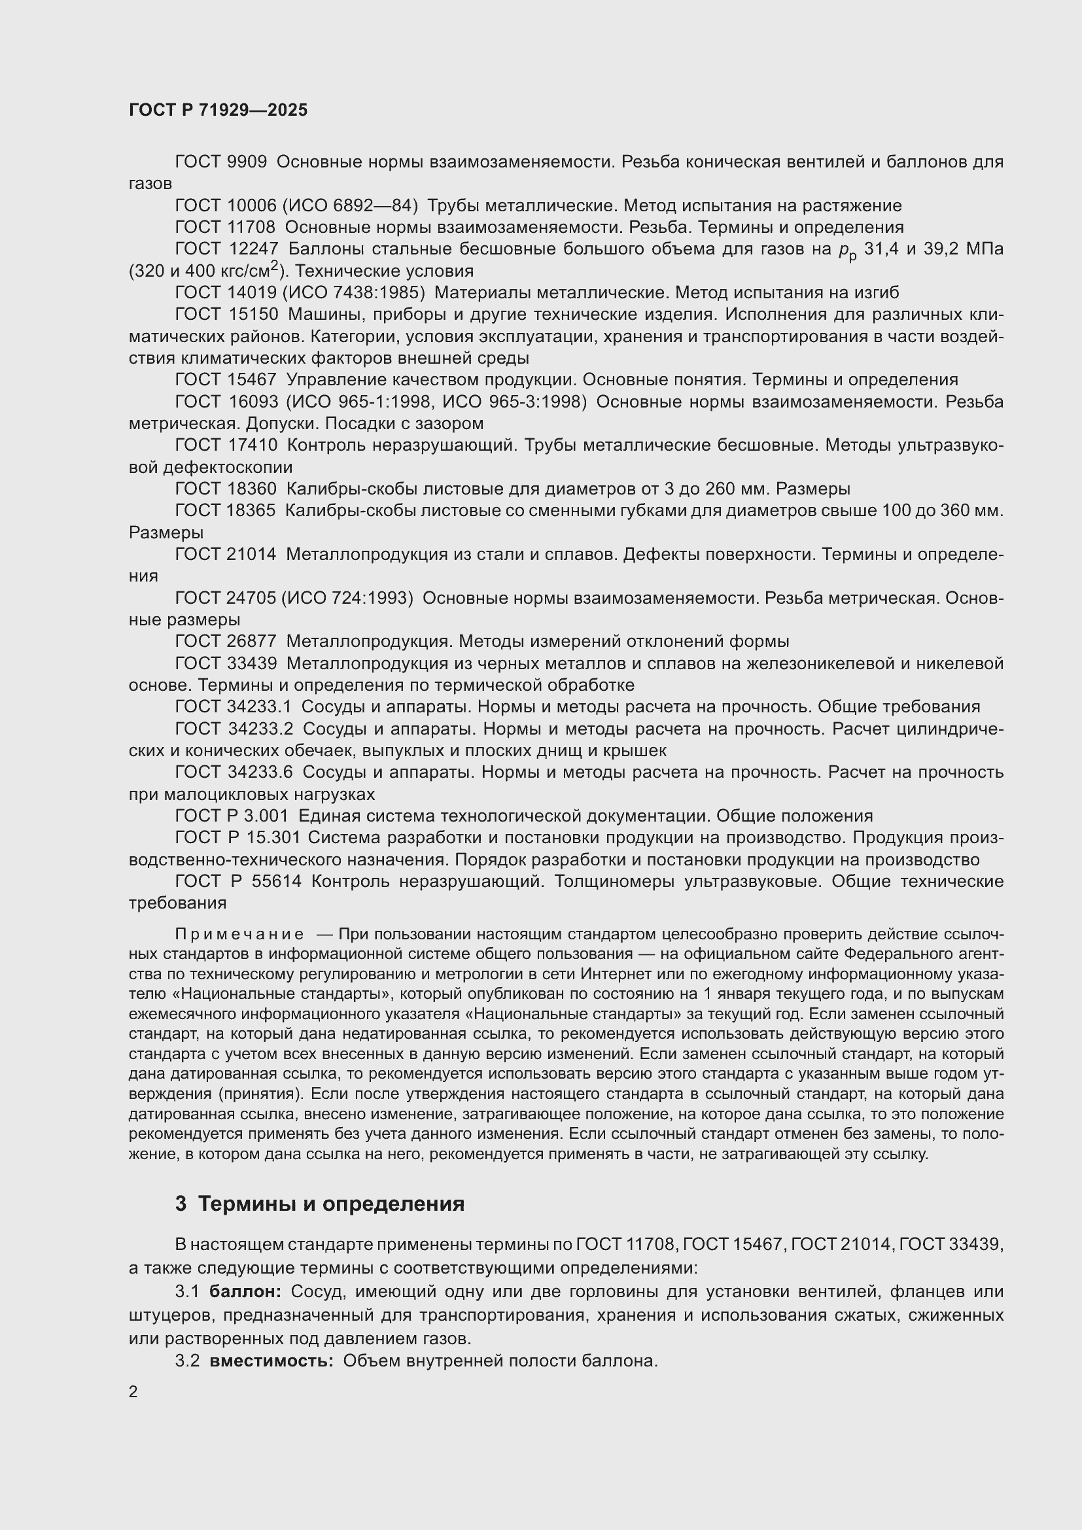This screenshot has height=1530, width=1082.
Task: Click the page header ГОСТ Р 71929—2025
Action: pos(218,110)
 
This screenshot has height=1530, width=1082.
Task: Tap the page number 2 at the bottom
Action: pos(133,1391)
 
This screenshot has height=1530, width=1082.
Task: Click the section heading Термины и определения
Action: pos(331,1204)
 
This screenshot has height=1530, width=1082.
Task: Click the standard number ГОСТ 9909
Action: pos(220,162)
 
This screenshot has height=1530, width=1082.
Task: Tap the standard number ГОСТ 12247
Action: pos(226,249)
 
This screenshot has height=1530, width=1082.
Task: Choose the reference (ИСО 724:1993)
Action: pos(347,599)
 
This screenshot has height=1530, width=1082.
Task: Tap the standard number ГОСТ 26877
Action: pos(226,642)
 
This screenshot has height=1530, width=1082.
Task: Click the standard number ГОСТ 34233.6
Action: pos(234,773)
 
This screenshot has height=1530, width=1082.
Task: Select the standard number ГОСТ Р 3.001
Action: pos(232,816)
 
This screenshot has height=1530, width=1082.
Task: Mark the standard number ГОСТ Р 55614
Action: pos(238,882)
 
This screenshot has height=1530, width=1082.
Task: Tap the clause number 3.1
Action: pos(187,1291)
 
